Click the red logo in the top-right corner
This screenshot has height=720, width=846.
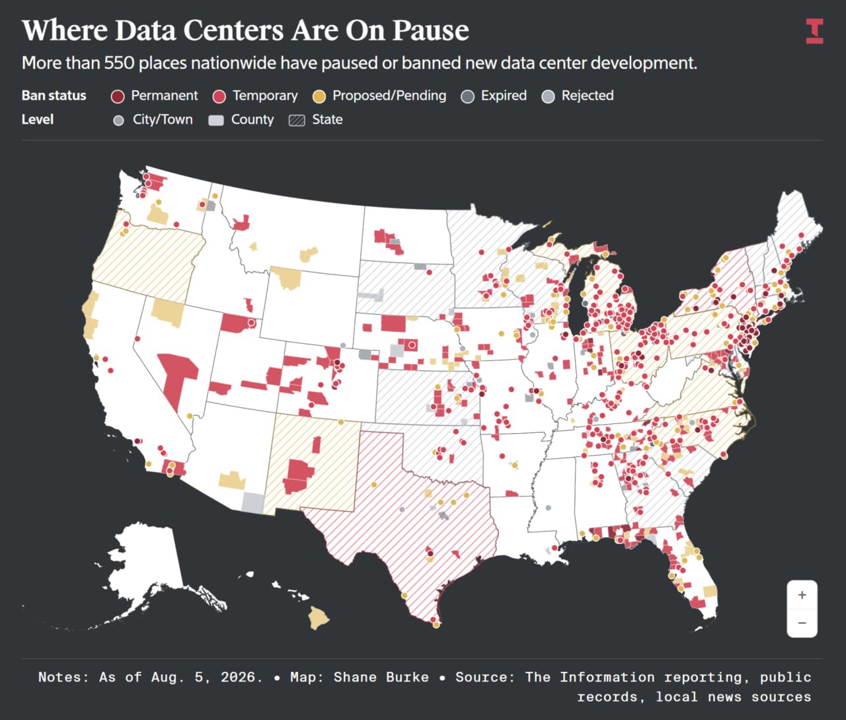tap(814, 30)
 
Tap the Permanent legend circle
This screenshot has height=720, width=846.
tap(118, 97)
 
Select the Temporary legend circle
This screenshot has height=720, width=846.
tap(219, 97)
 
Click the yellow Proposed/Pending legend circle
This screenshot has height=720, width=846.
tap(319, 97)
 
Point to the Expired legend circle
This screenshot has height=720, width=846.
tap(467, 97)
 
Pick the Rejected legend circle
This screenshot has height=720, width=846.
tap(548, 97)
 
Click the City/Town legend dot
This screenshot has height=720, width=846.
tap(118, 120)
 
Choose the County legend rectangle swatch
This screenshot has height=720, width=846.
tap(216, 120)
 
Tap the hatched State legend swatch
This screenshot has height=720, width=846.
tap(297, 120)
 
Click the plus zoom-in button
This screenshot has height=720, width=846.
tap(802, 595)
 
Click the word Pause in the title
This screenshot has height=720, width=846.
tap(430, 30)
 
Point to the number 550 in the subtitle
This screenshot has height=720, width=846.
tap(119, 63)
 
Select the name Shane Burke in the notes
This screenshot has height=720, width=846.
tap(381, 677)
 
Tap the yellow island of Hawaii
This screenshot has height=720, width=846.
tap(319, 618)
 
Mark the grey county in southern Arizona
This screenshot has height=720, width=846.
tap(253, 503)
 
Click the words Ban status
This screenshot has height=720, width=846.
tap(54, 96)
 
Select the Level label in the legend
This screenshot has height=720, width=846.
tap(38, 120)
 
